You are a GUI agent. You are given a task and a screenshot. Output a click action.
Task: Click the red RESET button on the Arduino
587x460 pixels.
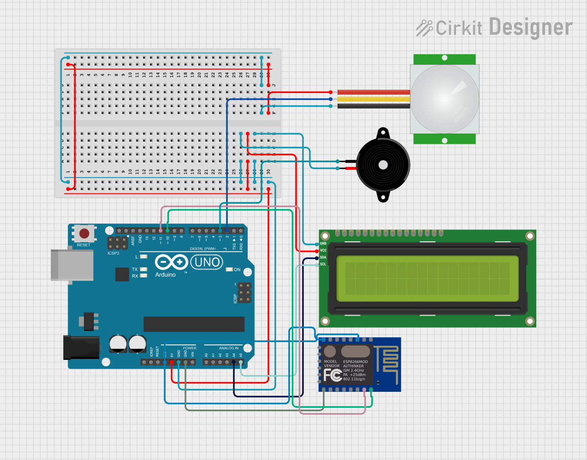(x=84, y=233)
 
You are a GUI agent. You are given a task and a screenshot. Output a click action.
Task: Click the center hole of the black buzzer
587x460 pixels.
(x=383, y=165)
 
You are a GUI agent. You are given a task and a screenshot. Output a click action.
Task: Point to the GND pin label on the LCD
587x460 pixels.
(x=323, y=244)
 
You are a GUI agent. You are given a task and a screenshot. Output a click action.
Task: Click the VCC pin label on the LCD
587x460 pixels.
(x=323, y=251)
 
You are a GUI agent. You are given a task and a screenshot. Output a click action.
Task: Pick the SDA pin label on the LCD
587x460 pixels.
(x=323, y=257)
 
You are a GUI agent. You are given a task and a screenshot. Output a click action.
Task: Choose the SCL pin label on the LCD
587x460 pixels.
(x=323, y=264)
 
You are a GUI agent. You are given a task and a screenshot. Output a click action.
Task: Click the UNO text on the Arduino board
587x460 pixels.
(x=207, y=263)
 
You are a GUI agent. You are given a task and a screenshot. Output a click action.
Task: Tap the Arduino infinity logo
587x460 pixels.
(x=171, y=263)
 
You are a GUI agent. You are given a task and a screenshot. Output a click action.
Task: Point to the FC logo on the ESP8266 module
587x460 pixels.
(x=332, y=375)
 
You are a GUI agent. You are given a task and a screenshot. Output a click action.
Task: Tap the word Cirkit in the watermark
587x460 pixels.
(x=459, y=28)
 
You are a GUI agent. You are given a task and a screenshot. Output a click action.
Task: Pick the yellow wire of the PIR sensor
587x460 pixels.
(x=374, y=99)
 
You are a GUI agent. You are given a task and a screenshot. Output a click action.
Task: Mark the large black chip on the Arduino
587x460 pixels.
(x=194, y=324)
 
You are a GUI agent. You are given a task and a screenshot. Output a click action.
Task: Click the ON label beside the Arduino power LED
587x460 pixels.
(x=237, y=270)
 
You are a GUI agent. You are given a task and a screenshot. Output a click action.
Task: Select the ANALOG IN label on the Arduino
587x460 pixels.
(x=229, y=348)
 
